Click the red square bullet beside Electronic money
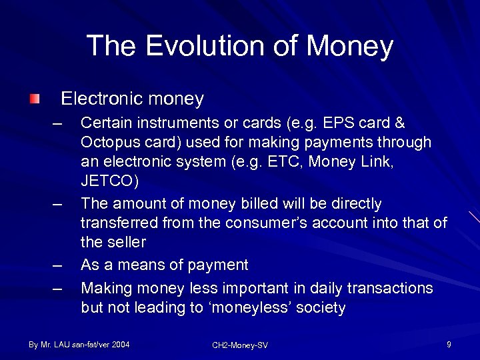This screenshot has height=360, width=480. pos(35,99)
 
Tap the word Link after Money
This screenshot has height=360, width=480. pos(378,162)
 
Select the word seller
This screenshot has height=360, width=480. pos(125,241)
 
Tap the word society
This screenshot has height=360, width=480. pos(322,307)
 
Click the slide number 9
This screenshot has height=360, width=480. pos(449,345)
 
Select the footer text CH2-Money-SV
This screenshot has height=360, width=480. pos(239,345)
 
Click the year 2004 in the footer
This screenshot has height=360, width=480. pos(119,345)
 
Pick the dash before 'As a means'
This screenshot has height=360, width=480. pos(58,265)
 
